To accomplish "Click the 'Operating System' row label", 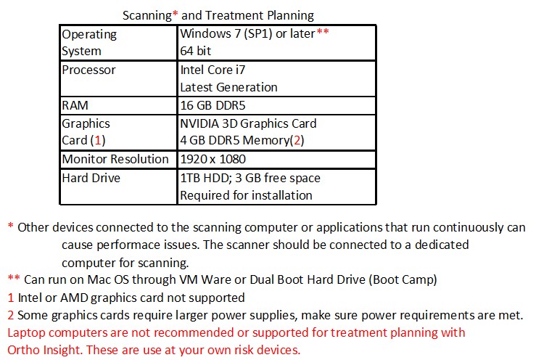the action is tap(89, 42).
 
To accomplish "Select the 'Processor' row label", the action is tap(88, 70).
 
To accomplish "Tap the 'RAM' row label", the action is tap(75, 105).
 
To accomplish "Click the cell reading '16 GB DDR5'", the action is tap(213, 105).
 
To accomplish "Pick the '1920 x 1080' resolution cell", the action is tap(213, 159).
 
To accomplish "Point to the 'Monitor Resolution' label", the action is tap(115, 159).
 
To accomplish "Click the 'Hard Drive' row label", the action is tap(91, 178).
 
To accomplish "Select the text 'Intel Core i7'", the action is tap(213, 70).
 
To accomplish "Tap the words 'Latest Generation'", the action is tap(228, 87).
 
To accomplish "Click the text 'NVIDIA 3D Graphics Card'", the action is tap(248, 123).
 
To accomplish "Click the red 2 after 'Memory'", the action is tap(297, 140).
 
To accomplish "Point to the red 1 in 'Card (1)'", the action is tap(98, 140).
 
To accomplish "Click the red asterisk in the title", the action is tap(175, 14).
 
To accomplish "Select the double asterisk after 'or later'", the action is tap(323, 31).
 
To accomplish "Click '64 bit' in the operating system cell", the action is tap(196, 51).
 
